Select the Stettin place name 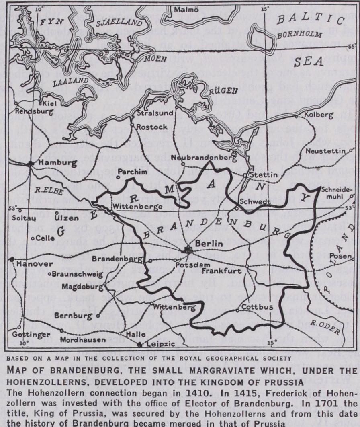click(264, 175)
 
